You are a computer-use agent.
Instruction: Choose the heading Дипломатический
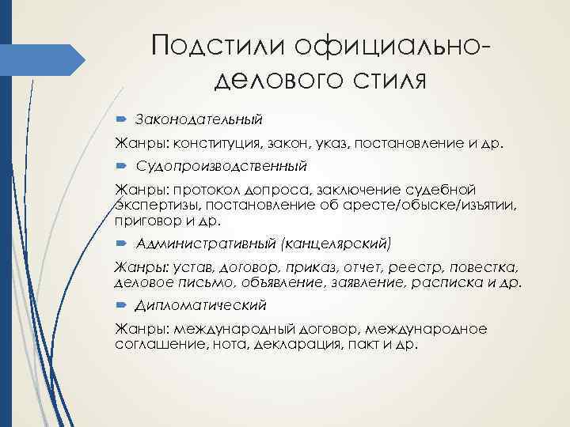click(x=201, y=304)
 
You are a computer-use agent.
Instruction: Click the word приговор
click(x=144, y=221)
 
